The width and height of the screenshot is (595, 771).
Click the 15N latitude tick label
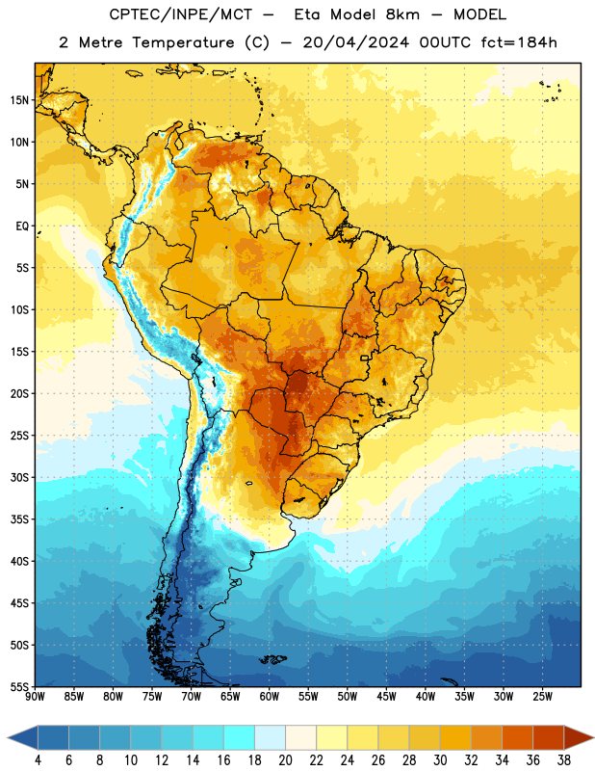(x=19, y=100)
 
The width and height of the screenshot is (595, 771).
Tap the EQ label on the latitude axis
(x=22, y=226)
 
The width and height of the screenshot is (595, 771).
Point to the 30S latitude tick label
(x=19, y=477)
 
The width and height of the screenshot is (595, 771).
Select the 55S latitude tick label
(x=19, y=686)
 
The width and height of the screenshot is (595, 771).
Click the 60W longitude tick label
(x=269, y=696)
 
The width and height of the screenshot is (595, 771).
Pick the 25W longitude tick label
(x=542, y=696)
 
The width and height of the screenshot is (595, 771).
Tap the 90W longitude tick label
(x=35, y=696)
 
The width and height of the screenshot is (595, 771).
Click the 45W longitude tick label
(x=386, y=696)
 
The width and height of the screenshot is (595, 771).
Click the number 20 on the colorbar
(x=285, y=760)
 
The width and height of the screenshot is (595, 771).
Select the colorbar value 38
(x=564, y=760)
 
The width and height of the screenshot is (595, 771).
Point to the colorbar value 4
(x=38, y=760)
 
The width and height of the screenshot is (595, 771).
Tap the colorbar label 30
(x=440, y=760)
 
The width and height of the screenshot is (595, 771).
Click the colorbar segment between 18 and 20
(x=270, y=737)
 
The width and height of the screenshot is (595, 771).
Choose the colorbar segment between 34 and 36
(x=517, y=737)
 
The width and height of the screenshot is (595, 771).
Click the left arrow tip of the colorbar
(x=8, y=737)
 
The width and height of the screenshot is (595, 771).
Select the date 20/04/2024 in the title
(x=355, y=42)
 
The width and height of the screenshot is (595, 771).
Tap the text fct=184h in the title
(x=518, y=42)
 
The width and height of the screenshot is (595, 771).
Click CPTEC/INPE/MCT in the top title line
(x=180, y=14)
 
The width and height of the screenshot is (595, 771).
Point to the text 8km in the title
(x=402, y=14)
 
